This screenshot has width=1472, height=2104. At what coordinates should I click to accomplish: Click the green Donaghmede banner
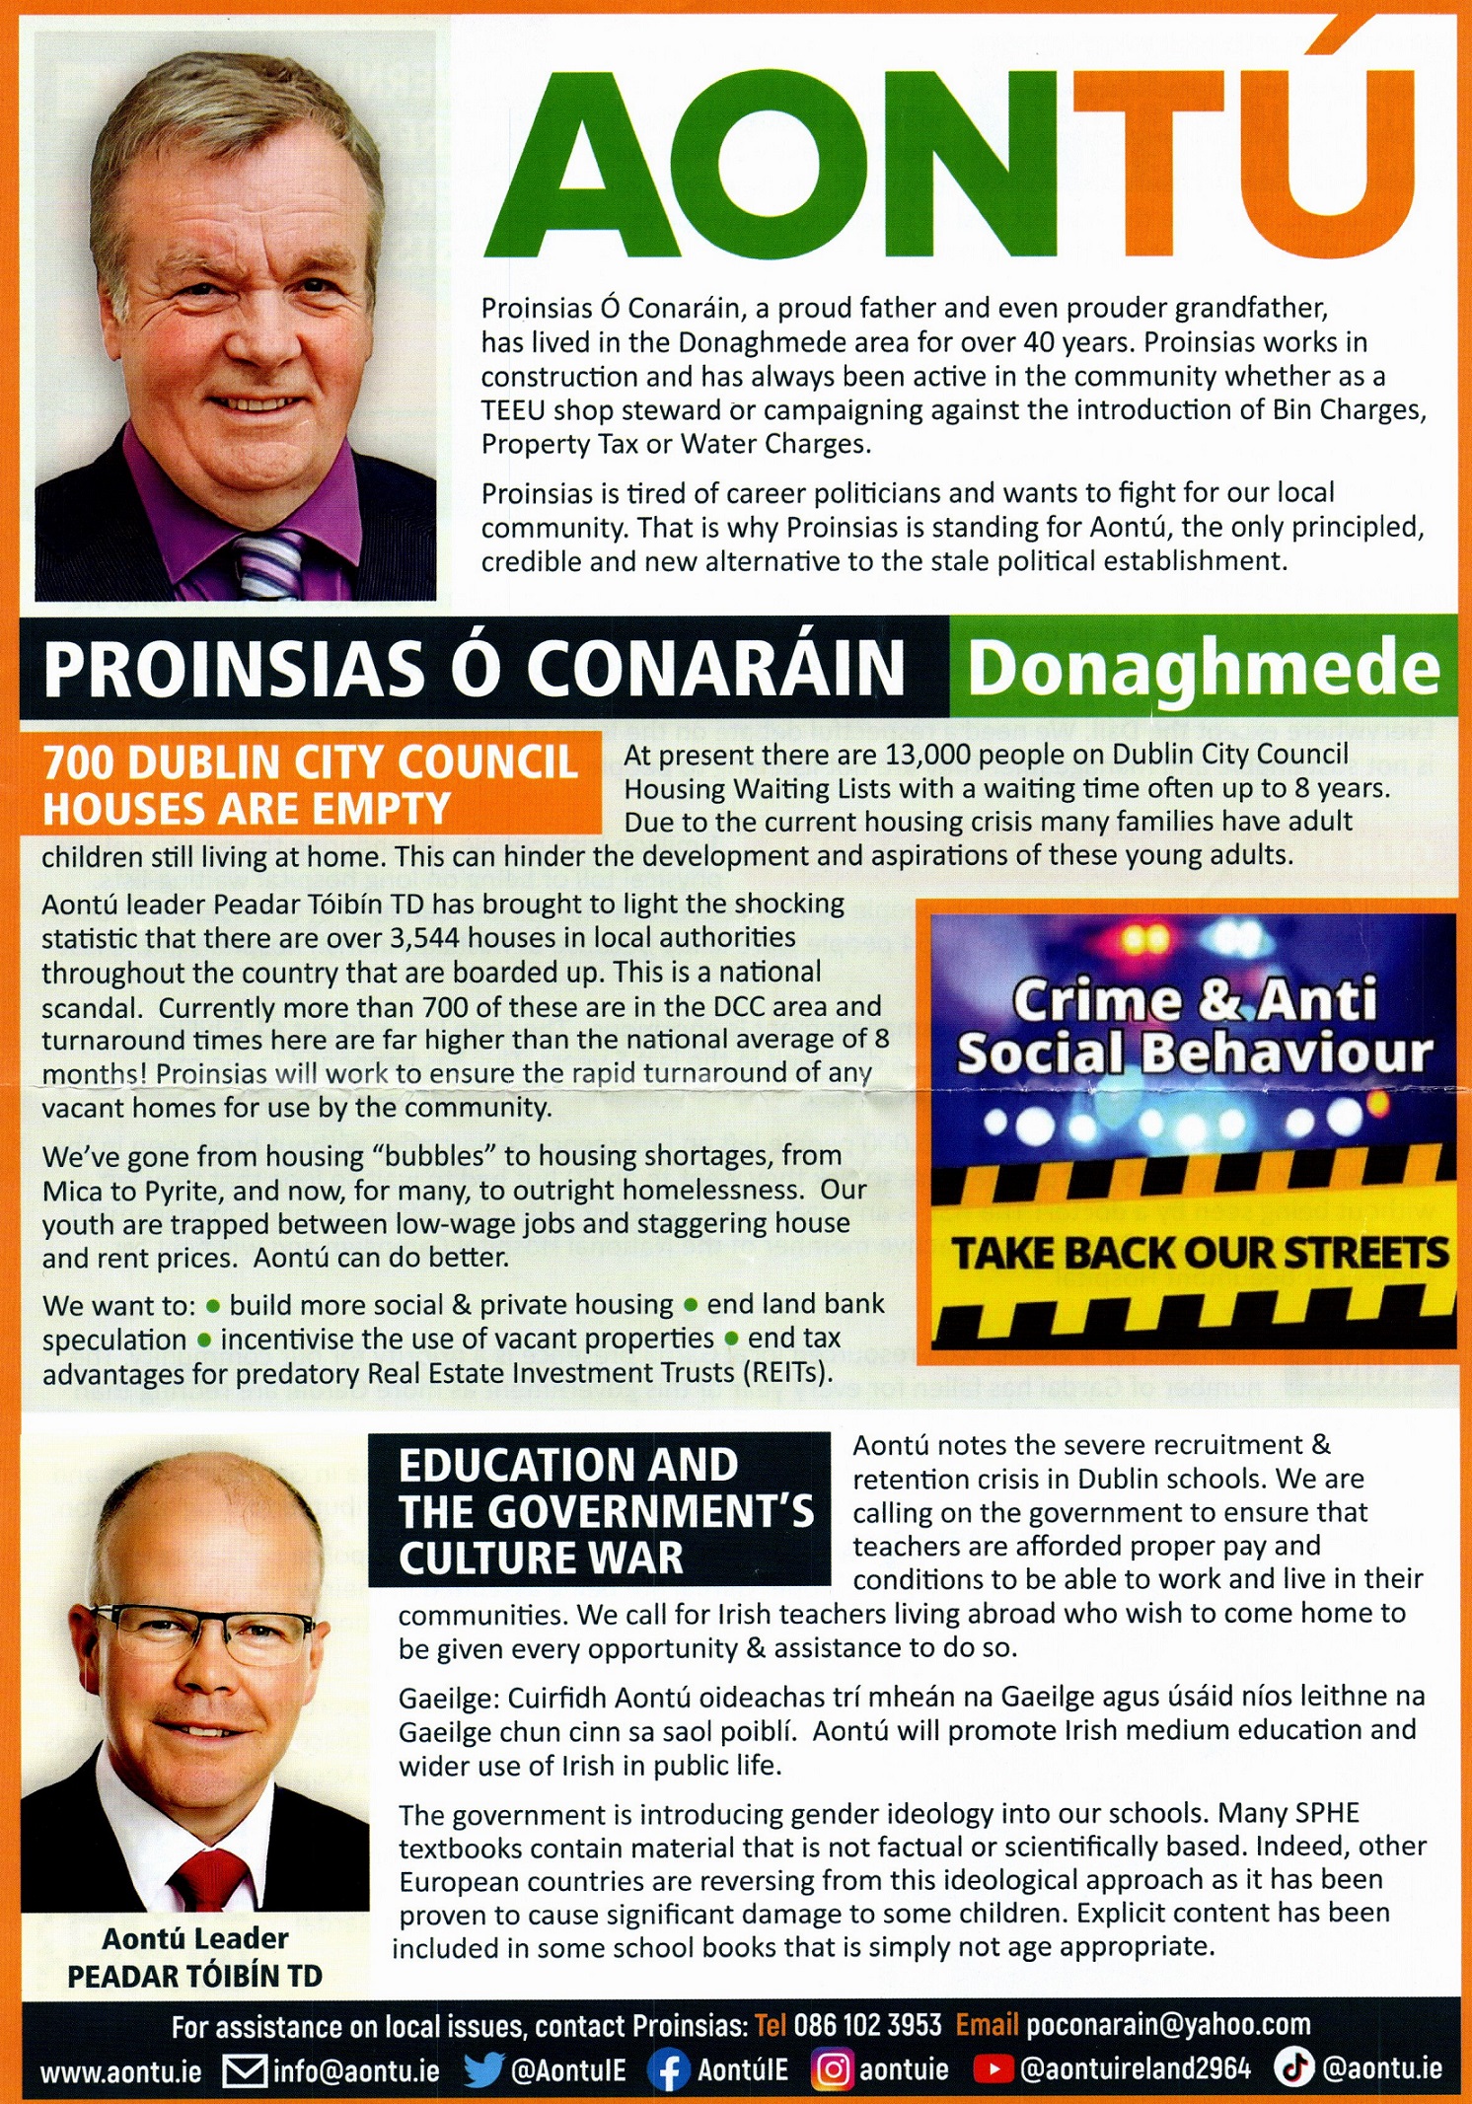click(x=1203, y=668)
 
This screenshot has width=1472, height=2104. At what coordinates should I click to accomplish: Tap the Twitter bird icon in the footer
click(x=483, y=2068)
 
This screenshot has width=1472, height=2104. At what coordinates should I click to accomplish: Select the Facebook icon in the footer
click(x=669, y=2068)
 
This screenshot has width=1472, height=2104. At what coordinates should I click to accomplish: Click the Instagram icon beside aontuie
click(x=832, y=2068)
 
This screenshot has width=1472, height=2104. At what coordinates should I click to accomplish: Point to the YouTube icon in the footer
click(x=993, y=2068)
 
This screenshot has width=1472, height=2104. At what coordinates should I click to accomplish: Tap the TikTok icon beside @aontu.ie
click(x=1293, y=2068)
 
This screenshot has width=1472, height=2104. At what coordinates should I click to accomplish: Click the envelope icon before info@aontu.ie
click(x=245, y=2069)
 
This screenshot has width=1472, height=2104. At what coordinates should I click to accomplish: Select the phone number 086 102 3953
click(x=867, y=2025)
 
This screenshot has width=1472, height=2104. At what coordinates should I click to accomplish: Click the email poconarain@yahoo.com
click(x=1167, y=2025)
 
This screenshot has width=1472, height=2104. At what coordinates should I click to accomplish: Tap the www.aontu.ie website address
click(x=120, y=2070)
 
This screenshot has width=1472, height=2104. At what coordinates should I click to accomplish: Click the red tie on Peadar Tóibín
click(x=211, y=1879)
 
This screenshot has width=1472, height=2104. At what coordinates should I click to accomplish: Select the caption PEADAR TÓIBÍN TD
click(x=194, y=1976)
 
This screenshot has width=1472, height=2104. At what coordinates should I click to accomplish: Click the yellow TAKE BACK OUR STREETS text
click(x=1199, y=1253)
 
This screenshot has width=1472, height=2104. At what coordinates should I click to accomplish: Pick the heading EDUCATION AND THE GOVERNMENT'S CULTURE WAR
click(x=600, y=1510)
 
